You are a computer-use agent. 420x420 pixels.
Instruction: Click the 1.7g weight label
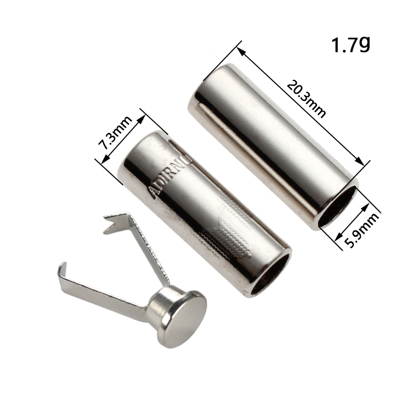(351, 45)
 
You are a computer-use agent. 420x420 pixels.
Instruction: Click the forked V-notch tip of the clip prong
(110, 225)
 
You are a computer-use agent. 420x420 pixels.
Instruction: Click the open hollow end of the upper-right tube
(338, 206)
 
